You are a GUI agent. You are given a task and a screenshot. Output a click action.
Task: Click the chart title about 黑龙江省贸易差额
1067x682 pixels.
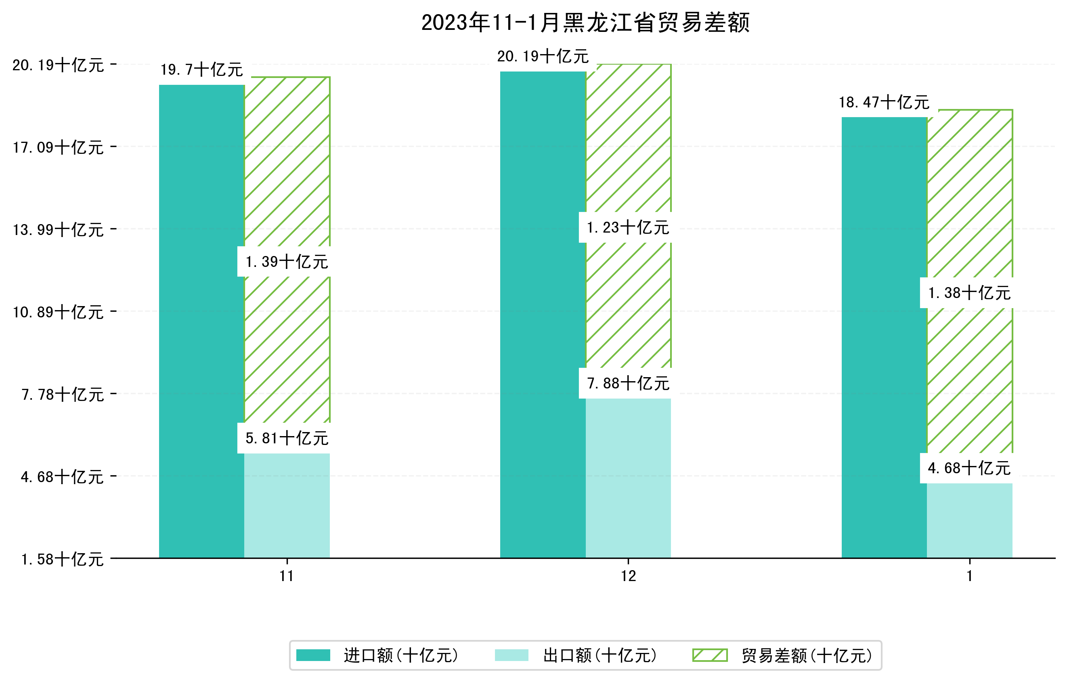[x=585, y=23]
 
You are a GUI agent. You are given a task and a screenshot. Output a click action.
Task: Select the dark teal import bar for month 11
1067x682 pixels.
[x=201, y=321]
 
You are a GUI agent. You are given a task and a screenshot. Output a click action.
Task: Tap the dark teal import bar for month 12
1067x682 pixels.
[x=543, y=314]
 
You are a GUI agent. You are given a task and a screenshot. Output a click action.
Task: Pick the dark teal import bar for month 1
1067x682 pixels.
[x=884, y=337]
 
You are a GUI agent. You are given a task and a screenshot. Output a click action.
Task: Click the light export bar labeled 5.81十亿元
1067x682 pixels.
[x=287, y=505]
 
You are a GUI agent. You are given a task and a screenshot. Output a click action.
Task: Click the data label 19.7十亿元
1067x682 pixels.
[x=201, y=69]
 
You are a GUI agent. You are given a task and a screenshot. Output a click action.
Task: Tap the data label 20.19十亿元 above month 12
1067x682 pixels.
[x=543, y=56]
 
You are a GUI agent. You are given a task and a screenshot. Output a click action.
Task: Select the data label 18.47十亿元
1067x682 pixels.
[x=884, y=103]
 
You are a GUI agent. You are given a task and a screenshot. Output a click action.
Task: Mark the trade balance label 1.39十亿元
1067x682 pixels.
[x=287, y=262]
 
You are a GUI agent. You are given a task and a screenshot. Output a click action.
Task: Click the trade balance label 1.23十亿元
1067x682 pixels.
[x=628, y=228]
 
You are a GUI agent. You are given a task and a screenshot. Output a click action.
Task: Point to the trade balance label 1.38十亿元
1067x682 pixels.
[x=970, y=293]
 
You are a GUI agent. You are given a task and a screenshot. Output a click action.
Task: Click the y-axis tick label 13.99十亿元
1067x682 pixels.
[x=58, y=229]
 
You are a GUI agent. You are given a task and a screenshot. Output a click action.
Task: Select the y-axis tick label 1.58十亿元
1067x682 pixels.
[x=63, y=559]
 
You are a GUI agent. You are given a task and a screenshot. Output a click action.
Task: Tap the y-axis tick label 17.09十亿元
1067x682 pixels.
[x=58, y=147]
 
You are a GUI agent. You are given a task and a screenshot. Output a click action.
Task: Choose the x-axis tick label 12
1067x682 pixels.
[x=628, y=576]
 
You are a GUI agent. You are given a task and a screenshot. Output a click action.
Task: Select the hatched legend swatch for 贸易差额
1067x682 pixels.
[x=710, y=655]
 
